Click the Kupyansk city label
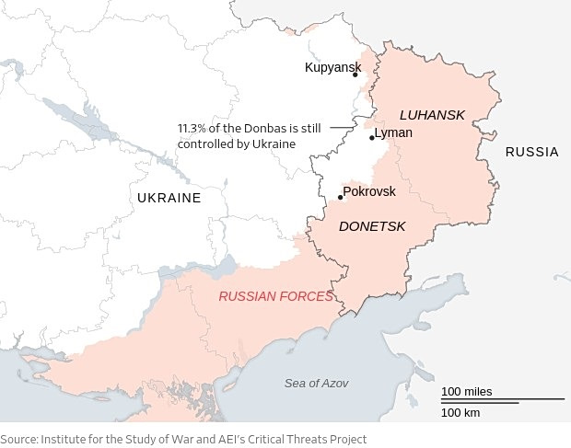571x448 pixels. (x=332, y=67)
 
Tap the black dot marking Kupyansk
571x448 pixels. (x=355, y=75)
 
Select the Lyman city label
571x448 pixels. (x=393, y=132)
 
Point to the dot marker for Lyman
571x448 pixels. (x=372, y=138)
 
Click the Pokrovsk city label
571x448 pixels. (x=369, y=191)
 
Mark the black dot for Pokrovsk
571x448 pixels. (x=341, y=197)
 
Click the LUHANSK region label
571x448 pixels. (x=432, y=114)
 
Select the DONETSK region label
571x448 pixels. (x=372, y=225)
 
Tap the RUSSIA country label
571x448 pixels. (x=531, y=152)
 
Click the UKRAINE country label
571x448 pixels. (x=169, y=198)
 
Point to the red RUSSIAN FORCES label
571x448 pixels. (x=275, y=296)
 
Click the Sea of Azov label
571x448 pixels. (x=316, y=383)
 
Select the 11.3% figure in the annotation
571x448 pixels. (x=193, y=129)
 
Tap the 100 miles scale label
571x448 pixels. (x=466, y=392)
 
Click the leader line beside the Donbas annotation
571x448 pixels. (x=342, y=128)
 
